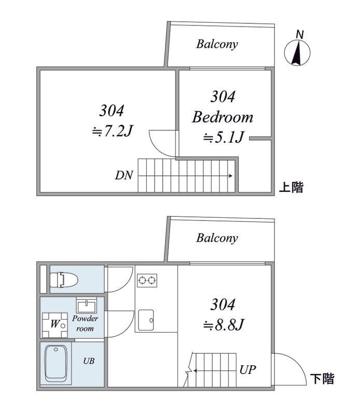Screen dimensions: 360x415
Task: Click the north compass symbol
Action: [x=297, y=50]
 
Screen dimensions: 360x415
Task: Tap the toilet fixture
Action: [x=64, y=280]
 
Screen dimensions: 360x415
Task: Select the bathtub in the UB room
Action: [x=56, y=363]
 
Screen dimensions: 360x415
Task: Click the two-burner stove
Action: [x=147, y=280]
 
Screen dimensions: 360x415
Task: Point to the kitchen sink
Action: [x=146, y=320]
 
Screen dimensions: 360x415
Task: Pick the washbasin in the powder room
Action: [x=87, y=305]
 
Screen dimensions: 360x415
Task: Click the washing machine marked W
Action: [x=55, y=325]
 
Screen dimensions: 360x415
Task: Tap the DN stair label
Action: [x=124, y=175]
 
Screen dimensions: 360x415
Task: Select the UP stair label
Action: [x=247, y=370]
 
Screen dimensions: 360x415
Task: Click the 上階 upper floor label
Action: [x=291, y=187]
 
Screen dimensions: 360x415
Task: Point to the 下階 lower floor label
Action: [x=322, y=379]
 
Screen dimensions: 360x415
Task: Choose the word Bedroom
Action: [x=223, y=117]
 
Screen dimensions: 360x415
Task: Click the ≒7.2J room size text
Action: [x=112, y=131]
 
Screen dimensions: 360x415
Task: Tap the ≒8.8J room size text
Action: [x=224, y=325]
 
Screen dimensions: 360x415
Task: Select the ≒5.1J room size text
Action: [x=224, y=137]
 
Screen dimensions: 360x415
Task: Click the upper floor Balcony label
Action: [x=217, y=44]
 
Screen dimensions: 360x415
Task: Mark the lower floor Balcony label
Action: [x=217, y=238]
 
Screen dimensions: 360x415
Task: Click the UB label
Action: [x=89, y=361]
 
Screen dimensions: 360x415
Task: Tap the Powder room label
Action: [x=85, y=323]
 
